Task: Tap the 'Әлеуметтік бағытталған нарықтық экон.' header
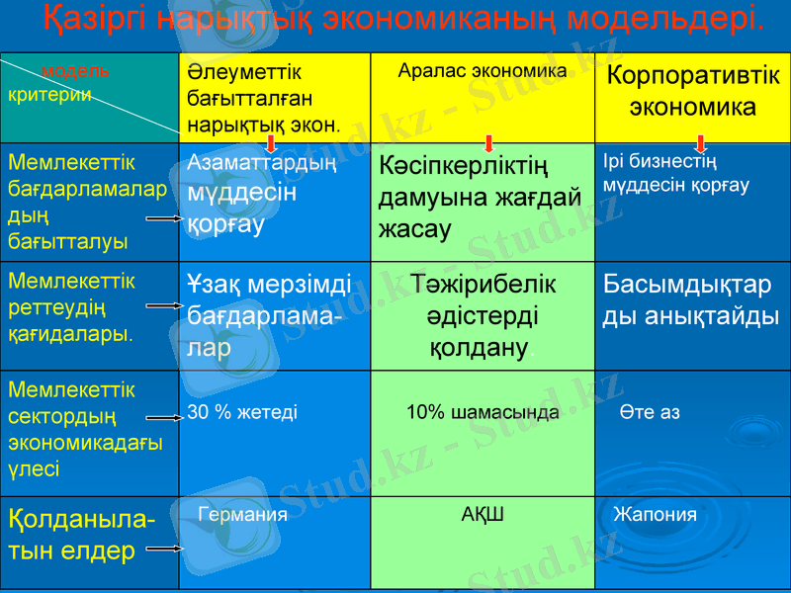point(263,99)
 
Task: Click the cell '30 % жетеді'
point(242,412)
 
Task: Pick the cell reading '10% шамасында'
point(483,412)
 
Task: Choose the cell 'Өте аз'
point(651,412)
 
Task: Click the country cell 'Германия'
point(243,514)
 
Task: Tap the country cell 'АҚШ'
point(483,514)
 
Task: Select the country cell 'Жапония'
point(655,514)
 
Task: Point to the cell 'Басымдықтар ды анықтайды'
point(691,300)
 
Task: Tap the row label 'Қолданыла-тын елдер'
point(80,534)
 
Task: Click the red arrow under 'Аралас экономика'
point(488,142)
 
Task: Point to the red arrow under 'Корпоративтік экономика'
point(701,143)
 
